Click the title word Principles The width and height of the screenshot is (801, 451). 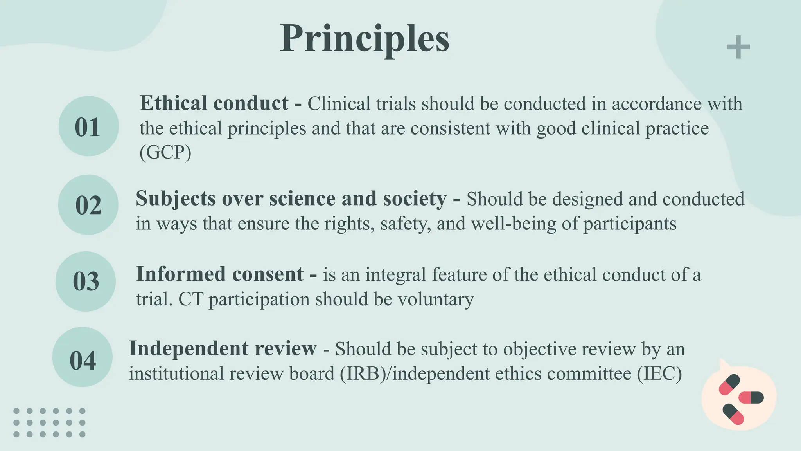(365, 38)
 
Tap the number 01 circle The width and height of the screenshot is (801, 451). (88, 126)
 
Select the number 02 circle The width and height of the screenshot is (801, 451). (88, 205)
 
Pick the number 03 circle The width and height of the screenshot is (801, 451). (86, 281)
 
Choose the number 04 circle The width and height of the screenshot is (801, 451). (83, 357)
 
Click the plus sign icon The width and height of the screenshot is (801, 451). (738, 47)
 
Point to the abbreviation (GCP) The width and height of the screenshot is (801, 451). (165, 153)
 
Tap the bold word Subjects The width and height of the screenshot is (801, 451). (176, 198)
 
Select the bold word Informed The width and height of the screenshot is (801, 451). (180, 274)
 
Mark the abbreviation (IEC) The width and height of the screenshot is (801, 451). (659, 373)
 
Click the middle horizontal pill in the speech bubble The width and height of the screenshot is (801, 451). (751, 398)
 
